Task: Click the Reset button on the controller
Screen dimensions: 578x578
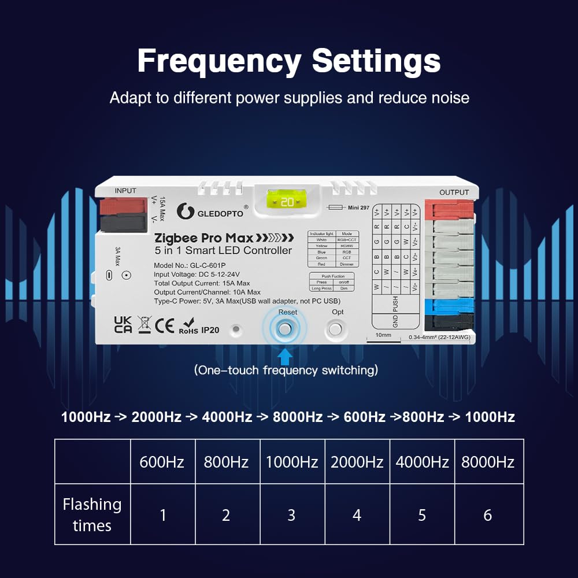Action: [x=284, y=328]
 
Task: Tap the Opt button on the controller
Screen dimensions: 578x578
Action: [x=335, y=329]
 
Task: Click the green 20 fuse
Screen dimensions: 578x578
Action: [x=287, y=202]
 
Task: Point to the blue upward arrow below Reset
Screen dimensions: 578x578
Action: [x=284, y=354]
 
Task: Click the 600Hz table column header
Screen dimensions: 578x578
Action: [x=162, y=462]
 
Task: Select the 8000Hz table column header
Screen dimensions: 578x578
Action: [x=488, y=462]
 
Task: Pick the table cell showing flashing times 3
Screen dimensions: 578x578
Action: [x=291, y=515]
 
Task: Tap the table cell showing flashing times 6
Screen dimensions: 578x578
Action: [x=488, y=515]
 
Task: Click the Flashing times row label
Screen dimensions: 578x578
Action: [x=92, y=515]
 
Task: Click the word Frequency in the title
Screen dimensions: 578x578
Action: [x=220, y=61]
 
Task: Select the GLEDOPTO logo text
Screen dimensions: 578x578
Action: [x=221, y=213]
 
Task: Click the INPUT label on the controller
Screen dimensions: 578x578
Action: [x=125, y=191]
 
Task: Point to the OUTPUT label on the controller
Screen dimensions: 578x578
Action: [x=454, y=192]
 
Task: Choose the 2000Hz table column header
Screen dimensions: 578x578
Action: [x=357, y=462]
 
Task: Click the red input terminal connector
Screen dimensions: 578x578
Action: [x=123, y=206]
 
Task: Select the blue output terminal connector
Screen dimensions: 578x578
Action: [x=449, y=305]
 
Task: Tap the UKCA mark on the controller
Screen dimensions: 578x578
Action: [x=123, y=325]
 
